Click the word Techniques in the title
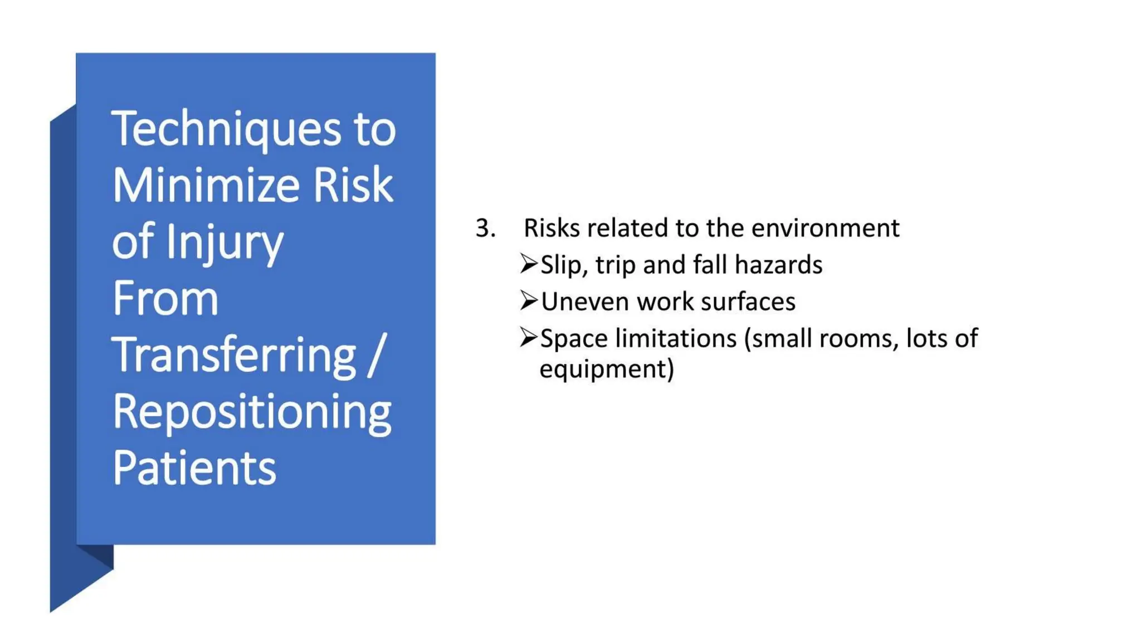226,129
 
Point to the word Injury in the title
225,242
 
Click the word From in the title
165,299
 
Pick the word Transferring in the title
234,355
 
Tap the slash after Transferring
377,355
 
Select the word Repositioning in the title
252,412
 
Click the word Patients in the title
194,468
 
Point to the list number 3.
485,228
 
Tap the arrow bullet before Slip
528,264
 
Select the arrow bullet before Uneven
528,300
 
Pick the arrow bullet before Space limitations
528,337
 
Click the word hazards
778,265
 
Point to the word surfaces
748,301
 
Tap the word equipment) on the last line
607,369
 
